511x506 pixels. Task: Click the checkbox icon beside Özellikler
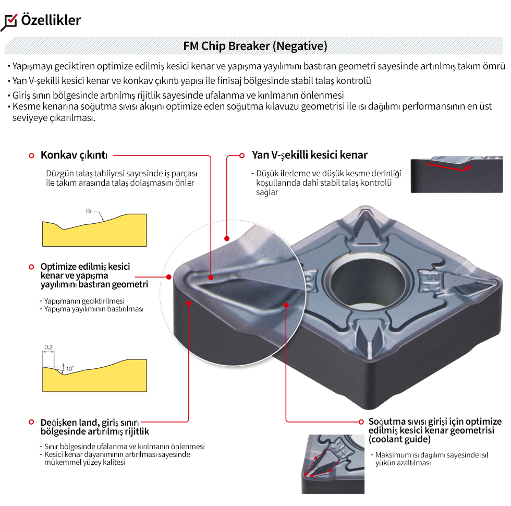pyautogui.click(x=10, y=21)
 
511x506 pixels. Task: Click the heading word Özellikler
pyautogui.click(x=51, y=20)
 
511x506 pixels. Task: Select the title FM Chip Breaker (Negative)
pyautogui.click(x=255, y=46)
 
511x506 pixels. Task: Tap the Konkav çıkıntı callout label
pyautogui.click(x=74, y=155)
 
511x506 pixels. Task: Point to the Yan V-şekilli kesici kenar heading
pyautogui.click(x=310, y=155)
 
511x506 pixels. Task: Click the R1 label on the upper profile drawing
pyautogui.click(x=89, y=211)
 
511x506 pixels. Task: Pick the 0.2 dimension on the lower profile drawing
pyautogui.click(x=48, y=347)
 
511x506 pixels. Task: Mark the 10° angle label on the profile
pyautogui.click(x=69, y=369)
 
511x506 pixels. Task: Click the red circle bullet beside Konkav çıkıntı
pyautogui.click(x=31, y=155)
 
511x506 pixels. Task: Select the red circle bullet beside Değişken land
pyautogui.click(x=31, y=421)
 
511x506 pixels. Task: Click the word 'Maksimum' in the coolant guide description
pyautogui.click(x=393, y=455)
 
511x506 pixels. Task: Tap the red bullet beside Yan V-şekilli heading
pyautogui.click(x=241, y=155)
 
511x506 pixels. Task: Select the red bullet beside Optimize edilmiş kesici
pyautogui.click(x=31, y=267)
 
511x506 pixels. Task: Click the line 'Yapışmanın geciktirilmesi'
pyautogui.click(x=84, y=302)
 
